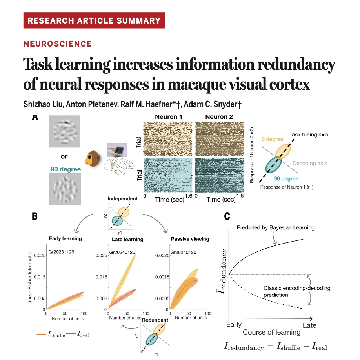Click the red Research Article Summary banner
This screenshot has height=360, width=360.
click(94, 20)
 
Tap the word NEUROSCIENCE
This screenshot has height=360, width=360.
click(58, 44)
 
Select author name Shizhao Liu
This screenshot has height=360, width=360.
click(43, 104)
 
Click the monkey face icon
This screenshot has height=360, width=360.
click(93, 158)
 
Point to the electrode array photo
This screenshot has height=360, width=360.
click(117, 149)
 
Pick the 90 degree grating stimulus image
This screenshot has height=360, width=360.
click(65, 189)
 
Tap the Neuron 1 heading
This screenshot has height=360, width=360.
click(169, 116)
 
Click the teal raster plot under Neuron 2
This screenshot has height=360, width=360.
click(219, 175)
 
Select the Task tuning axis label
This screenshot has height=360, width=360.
click(309, 135)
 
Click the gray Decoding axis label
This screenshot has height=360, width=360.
click(310, 163)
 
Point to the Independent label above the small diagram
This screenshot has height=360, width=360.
click(123, 198)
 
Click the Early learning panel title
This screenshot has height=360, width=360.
click(65, 238)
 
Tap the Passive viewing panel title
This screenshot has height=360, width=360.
click(190, 239)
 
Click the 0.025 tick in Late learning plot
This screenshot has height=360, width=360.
click(101, 256)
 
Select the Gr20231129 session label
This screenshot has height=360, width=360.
click(61, 252)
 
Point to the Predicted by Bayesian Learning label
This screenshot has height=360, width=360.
click(276, 227)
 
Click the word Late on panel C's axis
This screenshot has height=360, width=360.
click(309, 325)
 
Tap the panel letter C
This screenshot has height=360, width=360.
click(227, 216)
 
